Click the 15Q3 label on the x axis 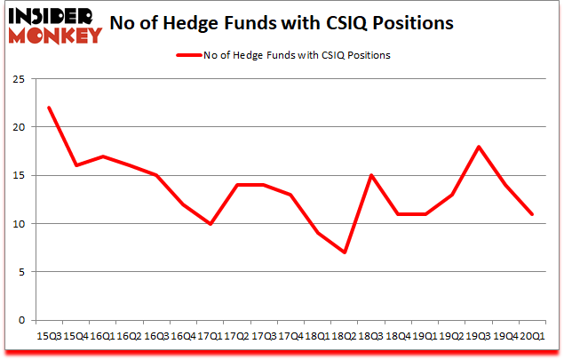[x=49, y=335]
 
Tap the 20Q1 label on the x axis [x=532, y=335]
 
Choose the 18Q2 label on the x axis [x=344, y=335]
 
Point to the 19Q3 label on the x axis [x=478, y=335]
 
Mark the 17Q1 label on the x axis [x=210, y=335]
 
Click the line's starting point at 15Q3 [x=49, y=108]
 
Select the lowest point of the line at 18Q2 [x=344, y=252]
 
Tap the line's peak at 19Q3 [x=478, y=147]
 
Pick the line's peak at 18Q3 [x=370, y=175]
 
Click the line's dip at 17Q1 [x=210, y=224]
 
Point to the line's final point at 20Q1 [x=532, y=214]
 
